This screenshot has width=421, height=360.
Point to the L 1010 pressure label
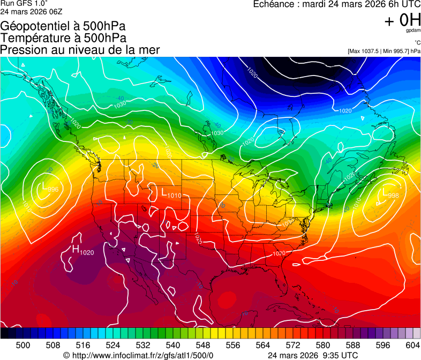click(x=171, y=194)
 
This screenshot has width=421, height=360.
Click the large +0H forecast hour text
click(x=402, y=21)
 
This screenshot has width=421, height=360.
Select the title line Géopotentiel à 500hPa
click(x=63, y=26)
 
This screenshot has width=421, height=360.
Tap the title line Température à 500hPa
click(x=63, y=38)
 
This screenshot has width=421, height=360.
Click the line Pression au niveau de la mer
click(x=80, y=50)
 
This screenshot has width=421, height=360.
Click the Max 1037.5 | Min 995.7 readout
click(x=384, y=51)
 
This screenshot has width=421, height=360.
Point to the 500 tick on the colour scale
click(x=23, y=344)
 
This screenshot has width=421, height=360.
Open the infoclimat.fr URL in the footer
click(x=138, y=355)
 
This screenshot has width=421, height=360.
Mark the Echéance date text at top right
click(x=336, y=5)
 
